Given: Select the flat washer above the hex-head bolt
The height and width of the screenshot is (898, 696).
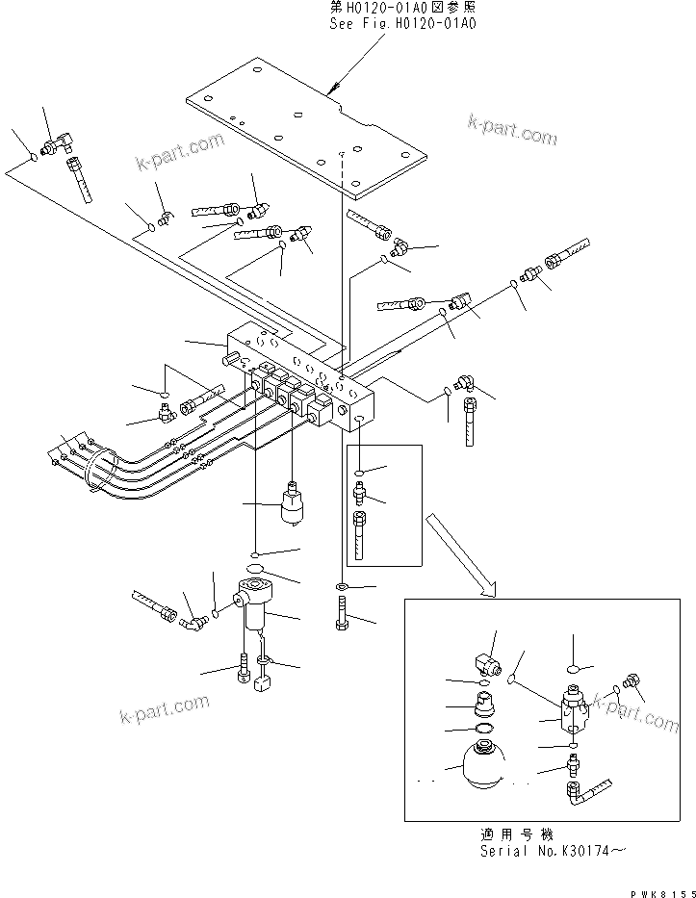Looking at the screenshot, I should [x=344, y=585].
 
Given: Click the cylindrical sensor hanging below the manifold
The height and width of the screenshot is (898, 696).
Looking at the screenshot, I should [x=291, y=504].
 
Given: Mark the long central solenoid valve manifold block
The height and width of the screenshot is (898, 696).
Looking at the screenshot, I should [x=303, y=380].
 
